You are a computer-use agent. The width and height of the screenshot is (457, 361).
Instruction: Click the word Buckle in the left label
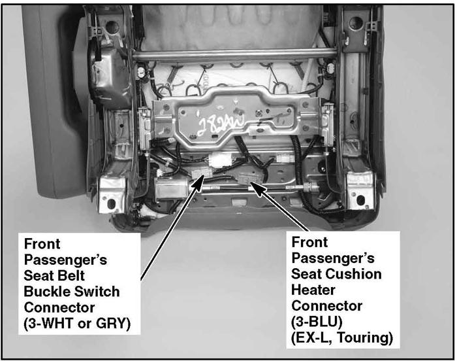(46, 292)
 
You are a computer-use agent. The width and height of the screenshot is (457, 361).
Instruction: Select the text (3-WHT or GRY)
(77, 323)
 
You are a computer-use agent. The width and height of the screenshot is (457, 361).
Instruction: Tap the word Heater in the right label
(313, 290)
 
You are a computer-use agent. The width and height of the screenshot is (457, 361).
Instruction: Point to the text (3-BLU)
(317, 322)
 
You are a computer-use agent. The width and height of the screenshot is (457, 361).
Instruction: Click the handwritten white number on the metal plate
(221, 124)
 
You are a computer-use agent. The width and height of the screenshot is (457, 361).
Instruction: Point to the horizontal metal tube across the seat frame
(234, 55)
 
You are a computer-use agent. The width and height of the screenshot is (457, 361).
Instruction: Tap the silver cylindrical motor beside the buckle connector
(171, 188)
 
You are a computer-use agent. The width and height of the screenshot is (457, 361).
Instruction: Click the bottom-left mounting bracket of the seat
(112, 194)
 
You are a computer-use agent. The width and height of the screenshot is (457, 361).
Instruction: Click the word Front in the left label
(42, 244)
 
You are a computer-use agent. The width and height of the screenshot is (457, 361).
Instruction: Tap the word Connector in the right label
(326, 306)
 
